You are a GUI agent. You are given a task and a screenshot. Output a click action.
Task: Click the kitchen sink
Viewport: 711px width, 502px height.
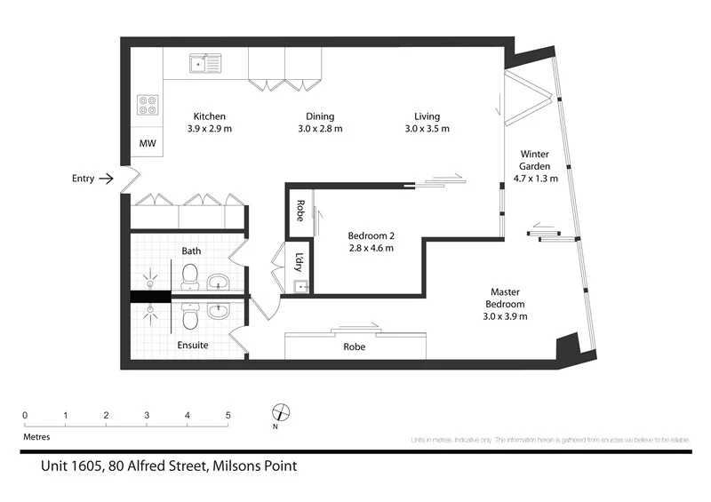pyautogui.click(x=206, y=63)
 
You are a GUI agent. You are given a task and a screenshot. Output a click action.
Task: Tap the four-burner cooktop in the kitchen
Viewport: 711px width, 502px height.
pyautogui.click(x=147, y=106)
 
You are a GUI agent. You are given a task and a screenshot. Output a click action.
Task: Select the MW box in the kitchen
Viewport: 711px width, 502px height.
pyautogui.click(x=147, y=143)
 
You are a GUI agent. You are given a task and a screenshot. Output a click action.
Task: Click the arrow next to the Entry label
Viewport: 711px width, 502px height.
pyautogui.click(x=106, y=179)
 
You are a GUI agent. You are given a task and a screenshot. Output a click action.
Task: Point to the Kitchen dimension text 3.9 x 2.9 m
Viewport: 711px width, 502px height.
pyautogui.click(x=209, y=129)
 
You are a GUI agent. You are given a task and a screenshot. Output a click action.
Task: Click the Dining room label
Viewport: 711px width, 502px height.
pyautogui.click(x=320, y=116)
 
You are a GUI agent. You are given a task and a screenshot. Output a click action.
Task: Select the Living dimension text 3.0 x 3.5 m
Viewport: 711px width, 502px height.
pyautogui.click(x=427, y=129)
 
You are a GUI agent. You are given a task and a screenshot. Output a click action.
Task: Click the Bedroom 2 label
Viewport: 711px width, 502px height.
pyautogui.click(x=371, y=235)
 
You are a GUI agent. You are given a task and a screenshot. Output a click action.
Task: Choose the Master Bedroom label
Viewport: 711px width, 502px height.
pyautogui.click(x=505, y=298)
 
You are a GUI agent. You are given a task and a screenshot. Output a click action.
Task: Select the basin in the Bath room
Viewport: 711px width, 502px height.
pyautogui.click(x=218, y=283)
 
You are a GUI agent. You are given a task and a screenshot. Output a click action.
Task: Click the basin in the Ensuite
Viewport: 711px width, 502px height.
pyautogui.click(x=218, y=310)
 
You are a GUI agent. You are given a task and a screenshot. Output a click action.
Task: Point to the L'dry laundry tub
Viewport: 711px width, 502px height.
pyautogui.click(x=301, y=286)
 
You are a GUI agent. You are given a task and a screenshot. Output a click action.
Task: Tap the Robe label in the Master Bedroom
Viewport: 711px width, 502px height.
pyautogui.click(x=355, y=347)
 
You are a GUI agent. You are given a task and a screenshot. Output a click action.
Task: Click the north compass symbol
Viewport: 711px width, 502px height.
pyautogui.click(x=282, y=412)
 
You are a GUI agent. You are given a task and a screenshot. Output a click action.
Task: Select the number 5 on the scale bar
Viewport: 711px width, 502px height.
pyautogui.click(x=228, y=415)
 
